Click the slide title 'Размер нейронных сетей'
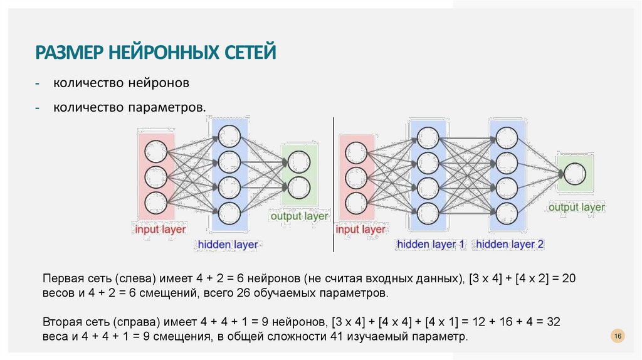[x=155, y=51]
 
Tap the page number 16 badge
[x=618, y=337]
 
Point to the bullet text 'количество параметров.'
[x=129, y=108]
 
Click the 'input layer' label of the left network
[x=160, y=230]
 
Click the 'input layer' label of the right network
[x=360, y=230]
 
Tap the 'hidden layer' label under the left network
[x=228, y=245]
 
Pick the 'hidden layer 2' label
[x=510, y=245]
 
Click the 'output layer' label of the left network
[x=299, y=216]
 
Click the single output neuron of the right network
[x=575, y=172]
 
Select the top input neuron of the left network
[x=156, y=151]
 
